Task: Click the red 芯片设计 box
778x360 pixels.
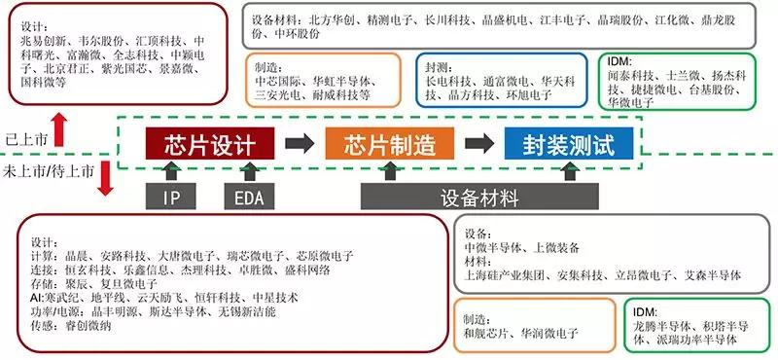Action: point(210,143)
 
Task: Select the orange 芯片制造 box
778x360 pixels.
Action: point(390,143)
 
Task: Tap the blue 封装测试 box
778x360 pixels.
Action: point(569,143)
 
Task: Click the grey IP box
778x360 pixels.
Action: point(171,197)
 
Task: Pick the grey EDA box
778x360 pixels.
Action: point(249,197)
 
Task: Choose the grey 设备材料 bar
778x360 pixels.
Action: point(479,197)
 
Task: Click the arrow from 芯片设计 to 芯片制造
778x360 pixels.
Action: point(300,143)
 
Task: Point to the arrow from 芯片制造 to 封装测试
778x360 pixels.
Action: point(479,143)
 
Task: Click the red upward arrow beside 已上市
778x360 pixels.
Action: point(59,129)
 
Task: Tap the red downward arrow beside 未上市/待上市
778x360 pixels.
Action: point(105,179)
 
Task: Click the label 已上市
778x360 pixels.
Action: point(26,139)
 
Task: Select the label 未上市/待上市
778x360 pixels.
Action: point(48,172)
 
